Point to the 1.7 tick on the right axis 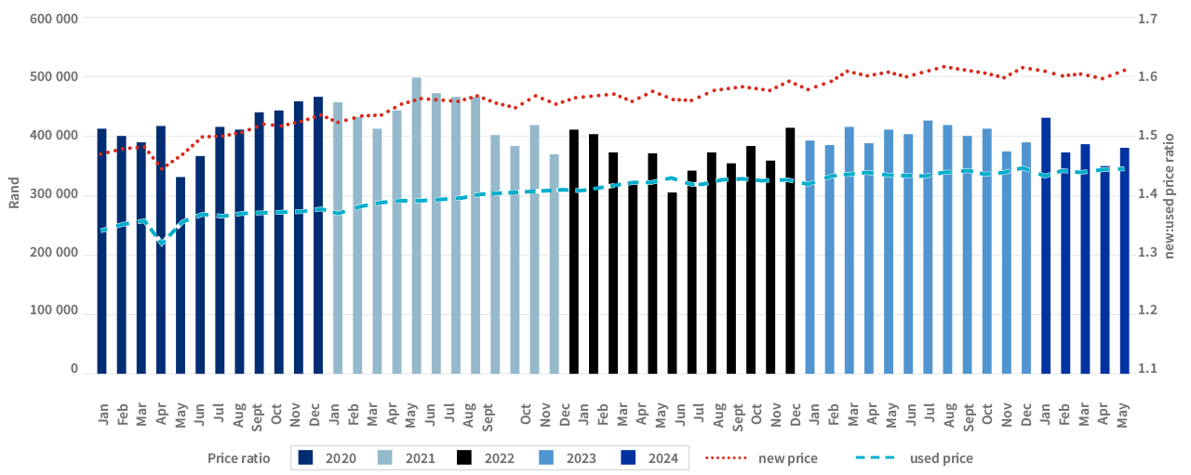1146,18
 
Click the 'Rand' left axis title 14,193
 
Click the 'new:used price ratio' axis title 1171,193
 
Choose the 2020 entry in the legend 325,458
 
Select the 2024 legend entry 648,458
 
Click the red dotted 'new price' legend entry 755,458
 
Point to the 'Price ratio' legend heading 239,458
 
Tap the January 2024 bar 1046,246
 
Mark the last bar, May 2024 1124,261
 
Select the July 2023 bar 928,247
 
